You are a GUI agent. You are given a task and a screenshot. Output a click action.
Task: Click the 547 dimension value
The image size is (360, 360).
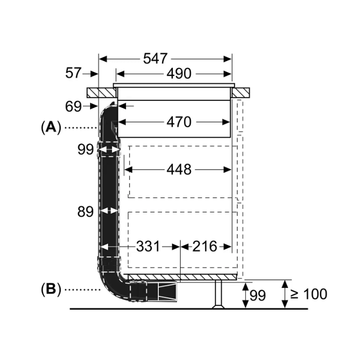pyautogui.click(x=155, y=59)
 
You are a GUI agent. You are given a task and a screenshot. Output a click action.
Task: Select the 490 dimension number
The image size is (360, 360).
pyautogui.click(x=179, y=74)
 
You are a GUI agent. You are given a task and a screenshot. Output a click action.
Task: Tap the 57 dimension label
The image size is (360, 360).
pyautogui.click(x=73, y=73)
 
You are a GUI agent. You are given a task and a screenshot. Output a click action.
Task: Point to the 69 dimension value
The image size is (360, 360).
pyautogui.click(x=73, y=106)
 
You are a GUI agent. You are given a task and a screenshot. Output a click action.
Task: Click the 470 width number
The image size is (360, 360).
pyautogui.click(x=179, y=122)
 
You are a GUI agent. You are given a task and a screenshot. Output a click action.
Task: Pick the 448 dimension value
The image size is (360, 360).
pyautogui.click(x=179, y=170)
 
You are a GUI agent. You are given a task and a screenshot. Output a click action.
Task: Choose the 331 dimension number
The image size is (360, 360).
pyautogui.click(x=148, y=246)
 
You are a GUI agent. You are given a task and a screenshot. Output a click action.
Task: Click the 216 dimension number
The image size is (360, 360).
pyautogui.click(x=205, y=246)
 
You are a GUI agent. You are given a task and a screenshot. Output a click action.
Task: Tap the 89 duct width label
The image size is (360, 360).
pyautogui.click(x=85, y=212)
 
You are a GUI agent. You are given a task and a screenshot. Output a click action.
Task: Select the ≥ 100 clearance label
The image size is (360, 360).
pyautogui.click(x=309, y=294)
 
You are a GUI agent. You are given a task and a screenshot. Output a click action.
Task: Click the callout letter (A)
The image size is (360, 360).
pyautogui.click(x=51, y=128)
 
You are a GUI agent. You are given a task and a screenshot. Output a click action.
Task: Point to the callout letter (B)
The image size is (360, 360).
pyautogui.click(x=51, y=289)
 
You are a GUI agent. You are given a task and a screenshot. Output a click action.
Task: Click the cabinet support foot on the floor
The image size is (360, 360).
pyautogui.click(x=219, y=294)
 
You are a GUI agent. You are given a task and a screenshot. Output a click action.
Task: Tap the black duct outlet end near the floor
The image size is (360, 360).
pyautogui.click(x=167, y=292)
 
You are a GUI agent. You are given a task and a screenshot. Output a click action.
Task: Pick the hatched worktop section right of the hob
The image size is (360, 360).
pyautogui.click(x=241, y=93)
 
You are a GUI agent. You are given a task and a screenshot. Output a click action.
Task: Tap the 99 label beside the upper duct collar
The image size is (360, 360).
pyautogui.click(x=85, y=150)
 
